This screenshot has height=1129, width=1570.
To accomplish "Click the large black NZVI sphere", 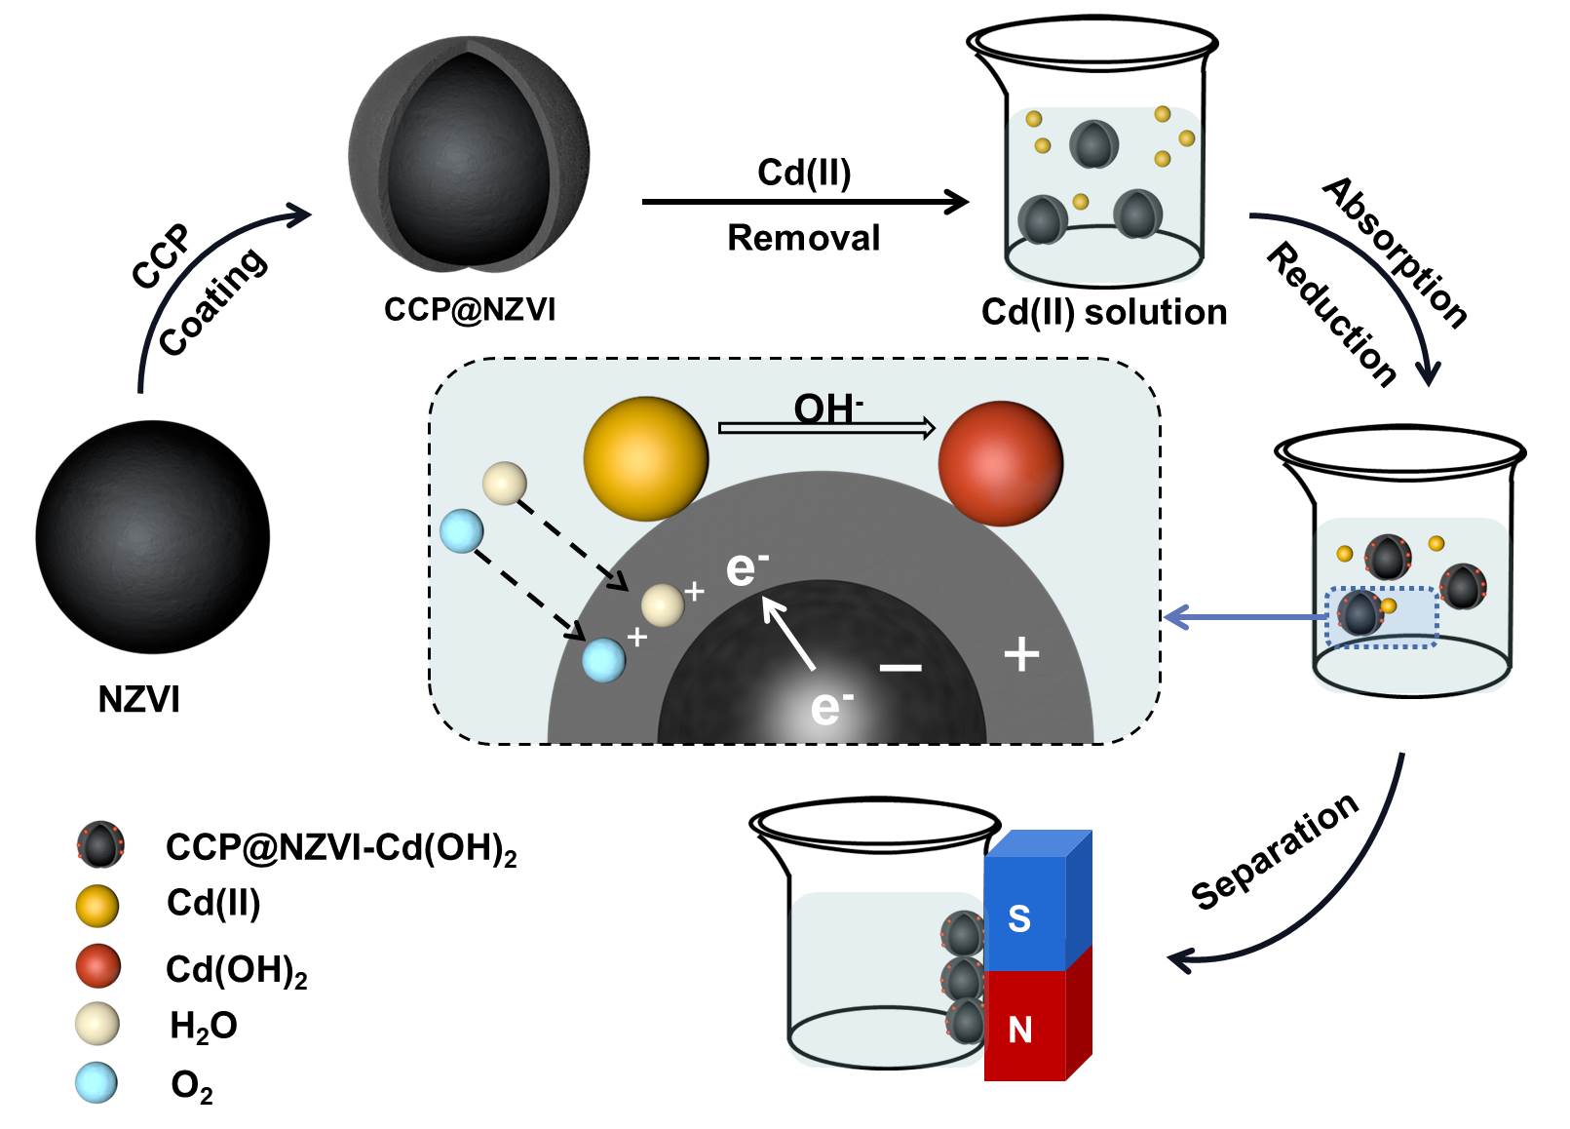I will click(152, 536).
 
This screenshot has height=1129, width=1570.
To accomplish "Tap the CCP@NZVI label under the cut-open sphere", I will click(470, 310).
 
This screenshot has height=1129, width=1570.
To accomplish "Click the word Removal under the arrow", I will click(803, 238).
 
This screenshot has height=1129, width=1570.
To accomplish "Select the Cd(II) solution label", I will click(1103, 312).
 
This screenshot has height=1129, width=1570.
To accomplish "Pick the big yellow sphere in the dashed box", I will click(645, 457).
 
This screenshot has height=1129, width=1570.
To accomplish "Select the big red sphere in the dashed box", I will click(1000, 463).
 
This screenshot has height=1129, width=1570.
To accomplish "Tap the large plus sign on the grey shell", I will click(1021, 654).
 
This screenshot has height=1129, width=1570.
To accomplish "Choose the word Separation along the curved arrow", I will click(1275, 851).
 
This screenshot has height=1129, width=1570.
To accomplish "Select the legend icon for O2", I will click(96, 1082).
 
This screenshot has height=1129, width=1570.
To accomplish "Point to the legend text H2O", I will click(203, 1026).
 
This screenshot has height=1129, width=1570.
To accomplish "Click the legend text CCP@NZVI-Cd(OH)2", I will click(340, 848).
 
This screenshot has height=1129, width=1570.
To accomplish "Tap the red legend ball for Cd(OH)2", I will click(97, 966).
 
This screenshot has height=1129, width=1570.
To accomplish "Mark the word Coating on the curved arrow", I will click(212, 302).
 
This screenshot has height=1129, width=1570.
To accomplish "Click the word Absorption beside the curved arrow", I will click(1395, 253).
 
